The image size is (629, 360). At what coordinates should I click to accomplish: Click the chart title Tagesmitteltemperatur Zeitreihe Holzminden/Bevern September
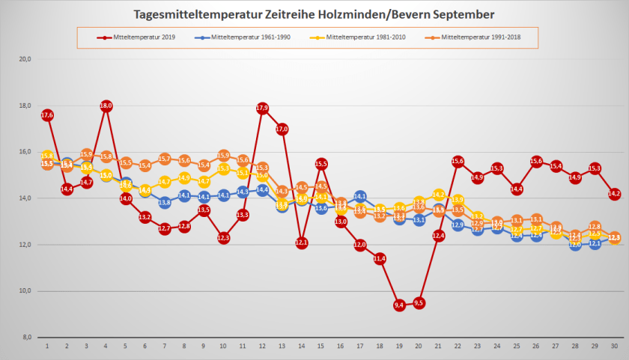pyautogui.click(x=314, y=14)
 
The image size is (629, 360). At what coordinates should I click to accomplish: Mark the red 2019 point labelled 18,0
pyautogui.click(x=106, y=106)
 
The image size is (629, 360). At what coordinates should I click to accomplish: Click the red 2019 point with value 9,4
pyautogui.click(x=399, y=305)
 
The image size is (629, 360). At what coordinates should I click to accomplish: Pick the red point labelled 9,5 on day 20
pyautogui.click(x=419, y=302)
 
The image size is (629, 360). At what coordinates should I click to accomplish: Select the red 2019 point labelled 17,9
pyautogui.click(x=262, y=108)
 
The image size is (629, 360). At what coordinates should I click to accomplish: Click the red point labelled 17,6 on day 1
pyautogui.click(x=47, y=115)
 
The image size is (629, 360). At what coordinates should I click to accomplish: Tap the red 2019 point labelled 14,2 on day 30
pyautogui.click(x=615, y=194)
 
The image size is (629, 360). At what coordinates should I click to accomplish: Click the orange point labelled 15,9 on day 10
pyautogui.click(x=223, y=155)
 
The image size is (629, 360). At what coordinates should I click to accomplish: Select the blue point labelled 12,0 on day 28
pyautogui.click(x=575, y=244)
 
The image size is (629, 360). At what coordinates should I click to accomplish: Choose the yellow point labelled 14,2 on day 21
pyautogui.click(x=439, y=195)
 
